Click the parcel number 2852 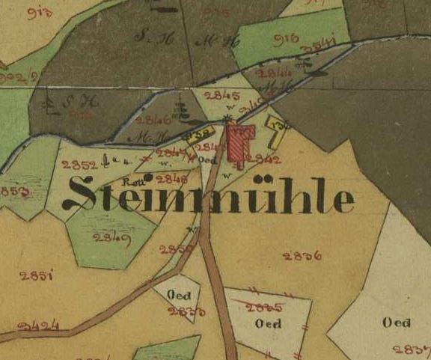[79, 165]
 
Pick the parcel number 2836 [302, 255]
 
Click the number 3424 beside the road [39, 326]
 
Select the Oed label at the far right [396, 323]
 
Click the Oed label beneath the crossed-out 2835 [267, 324]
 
